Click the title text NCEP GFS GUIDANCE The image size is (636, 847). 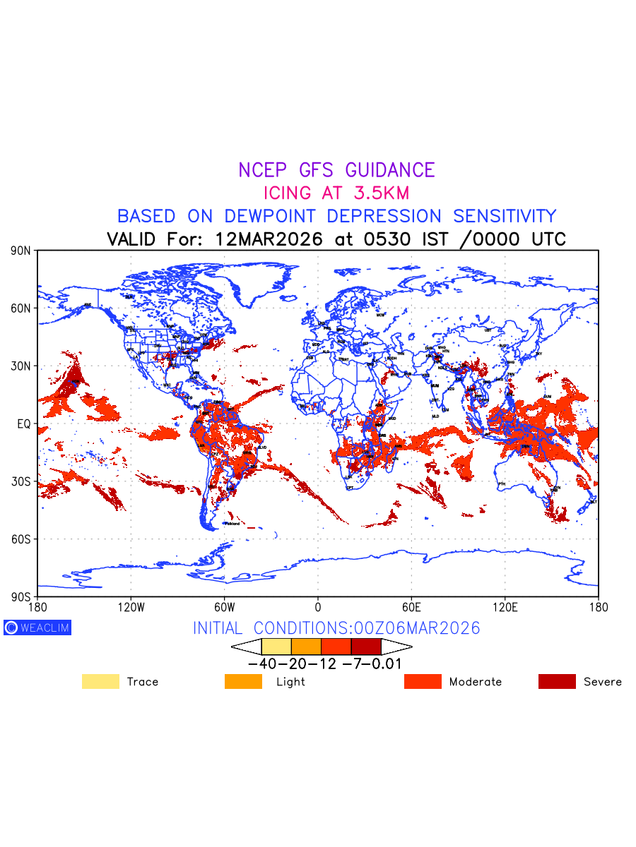point(336,170)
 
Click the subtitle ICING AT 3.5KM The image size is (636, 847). point(336,193)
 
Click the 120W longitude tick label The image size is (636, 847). point(131,607)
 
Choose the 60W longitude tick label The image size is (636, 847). point(224,607)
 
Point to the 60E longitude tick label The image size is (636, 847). point(411,607)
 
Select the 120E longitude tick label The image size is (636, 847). point(505,607)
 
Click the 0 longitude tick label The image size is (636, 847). point(318,607)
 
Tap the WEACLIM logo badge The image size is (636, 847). point(37,627)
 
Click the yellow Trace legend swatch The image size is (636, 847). point(100,682)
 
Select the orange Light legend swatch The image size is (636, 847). point(243,682)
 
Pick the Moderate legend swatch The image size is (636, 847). point(423,682)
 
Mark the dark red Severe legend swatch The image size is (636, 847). point(557,682)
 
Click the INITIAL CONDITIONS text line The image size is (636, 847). point(336,628)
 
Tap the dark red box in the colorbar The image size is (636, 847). point(366,647)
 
